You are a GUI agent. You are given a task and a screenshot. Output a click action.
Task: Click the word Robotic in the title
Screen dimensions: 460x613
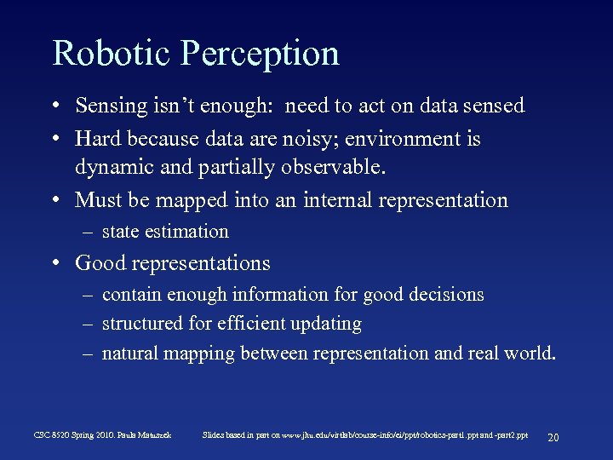tap(110, 53)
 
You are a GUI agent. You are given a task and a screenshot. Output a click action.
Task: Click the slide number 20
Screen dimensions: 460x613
tap(553, 437)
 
